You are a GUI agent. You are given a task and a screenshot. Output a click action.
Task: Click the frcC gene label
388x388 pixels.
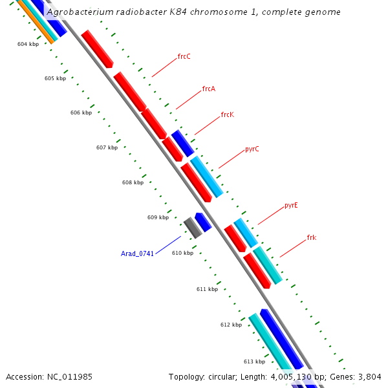(184, 56)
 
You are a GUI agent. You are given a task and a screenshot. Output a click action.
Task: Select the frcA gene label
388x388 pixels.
(208, 89)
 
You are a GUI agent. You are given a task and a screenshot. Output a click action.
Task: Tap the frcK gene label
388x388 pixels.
(227, 114)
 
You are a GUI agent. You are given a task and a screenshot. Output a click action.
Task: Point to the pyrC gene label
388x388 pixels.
(252, 149)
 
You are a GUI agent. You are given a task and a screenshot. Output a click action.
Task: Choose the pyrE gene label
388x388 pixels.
(291, 206)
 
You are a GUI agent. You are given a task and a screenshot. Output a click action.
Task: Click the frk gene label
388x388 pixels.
(311, 237)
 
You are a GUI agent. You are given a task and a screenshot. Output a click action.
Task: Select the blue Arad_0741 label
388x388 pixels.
(137, 253)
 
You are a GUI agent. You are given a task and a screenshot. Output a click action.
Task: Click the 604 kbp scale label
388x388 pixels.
(28, 44)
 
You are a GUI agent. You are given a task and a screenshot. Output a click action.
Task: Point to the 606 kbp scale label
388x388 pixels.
(81, 113)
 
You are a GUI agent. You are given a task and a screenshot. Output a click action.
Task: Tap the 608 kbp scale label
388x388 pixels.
(133, 182)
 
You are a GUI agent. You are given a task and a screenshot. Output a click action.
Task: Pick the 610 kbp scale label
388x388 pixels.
(182, 253)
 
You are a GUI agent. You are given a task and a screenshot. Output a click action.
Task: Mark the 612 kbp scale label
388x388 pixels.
(231, 325)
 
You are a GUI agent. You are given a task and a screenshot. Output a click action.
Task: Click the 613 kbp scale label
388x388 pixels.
(254, 361)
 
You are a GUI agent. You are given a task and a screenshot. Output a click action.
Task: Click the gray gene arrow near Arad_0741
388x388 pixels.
(192, 227)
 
